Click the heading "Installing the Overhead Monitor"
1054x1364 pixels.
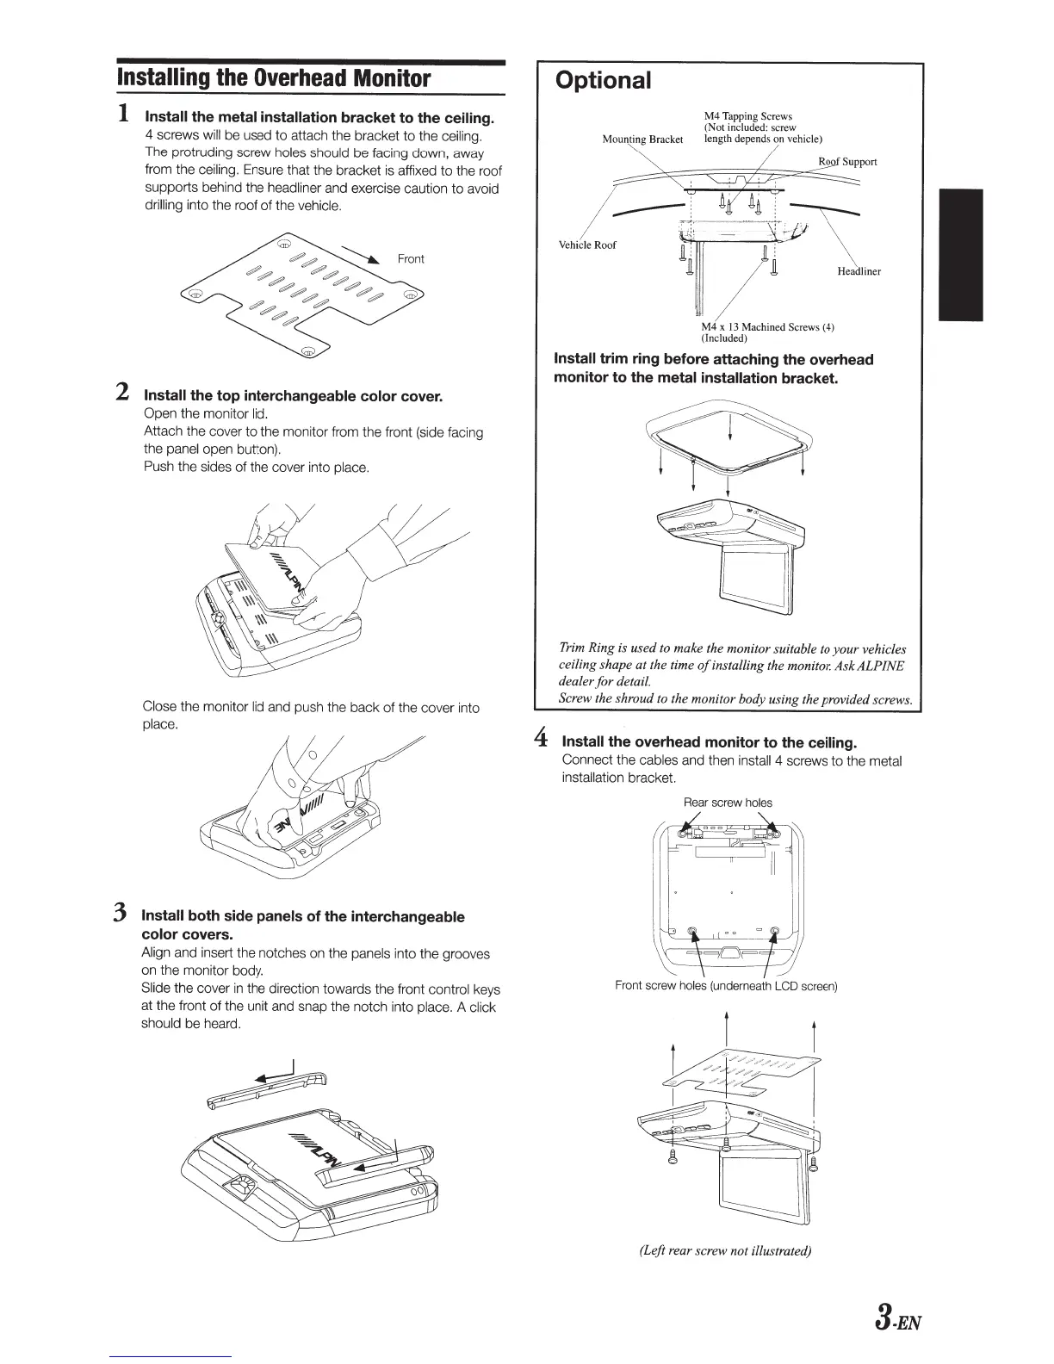pos(273,78)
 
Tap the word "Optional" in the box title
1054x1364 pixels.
pos(603,80)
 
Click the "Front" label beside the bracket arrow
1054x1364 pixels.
pos(411,259)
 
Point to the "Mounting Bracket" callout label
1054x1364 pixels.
pos(642,139)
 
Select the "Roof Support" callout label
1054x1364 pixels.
pos(847,161)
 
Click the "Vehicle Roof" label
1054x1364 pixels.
pos(587,245)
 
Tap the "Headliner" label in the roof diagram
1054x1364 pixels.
pos(859,271)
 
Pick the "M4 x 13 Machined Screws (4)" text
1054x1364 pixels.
pos(767,327)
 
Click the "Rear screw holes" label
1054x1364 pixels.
pos(728,803)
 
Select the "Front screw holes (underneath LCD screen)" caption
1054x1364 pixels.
pos(726,986)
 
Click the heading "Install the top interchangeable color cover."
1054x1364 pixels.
pos(293,397)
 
